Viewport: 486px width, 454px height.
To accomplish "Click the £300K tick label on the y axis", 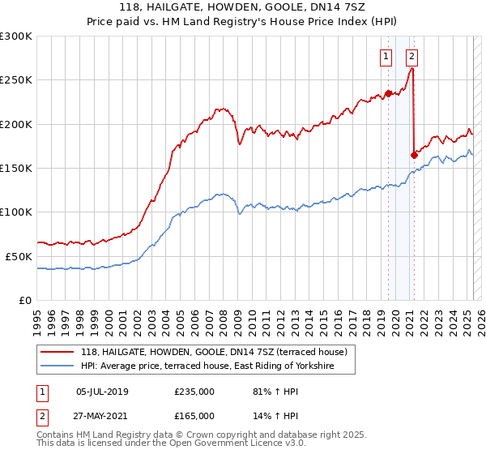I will tap(16, 36).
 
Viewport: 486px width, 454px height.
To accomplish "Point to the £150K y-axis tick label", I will tap(16, 168).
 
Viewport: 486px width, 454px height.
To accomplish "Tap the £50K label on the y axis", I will tap(19, 255).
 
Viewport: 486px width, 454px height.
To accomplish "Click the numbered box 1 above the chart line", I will tap(386, 57).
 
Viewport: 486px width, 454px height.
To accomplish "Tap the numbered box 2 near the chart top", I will tap(412, 57).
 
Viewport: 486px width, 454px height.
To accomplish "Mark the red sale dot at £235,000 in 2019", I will tap(388, 93).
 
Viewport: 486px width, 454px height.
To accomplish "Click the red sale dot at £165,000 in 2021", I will tap(415, 155).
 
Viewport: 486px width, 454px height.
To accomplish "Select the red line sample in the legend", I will tap(58, 352).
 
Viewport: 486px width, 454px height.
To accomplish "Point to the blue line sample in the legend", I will tap(58, 366).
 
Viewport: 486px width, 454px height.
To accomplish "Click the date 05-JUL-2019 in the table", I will tap(101, 392).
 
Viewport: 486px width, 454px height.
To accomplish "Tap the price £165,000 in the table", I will tap(194, 416).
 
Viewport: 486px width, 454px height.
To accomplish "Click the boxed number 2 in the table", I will tap(41, 416).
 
